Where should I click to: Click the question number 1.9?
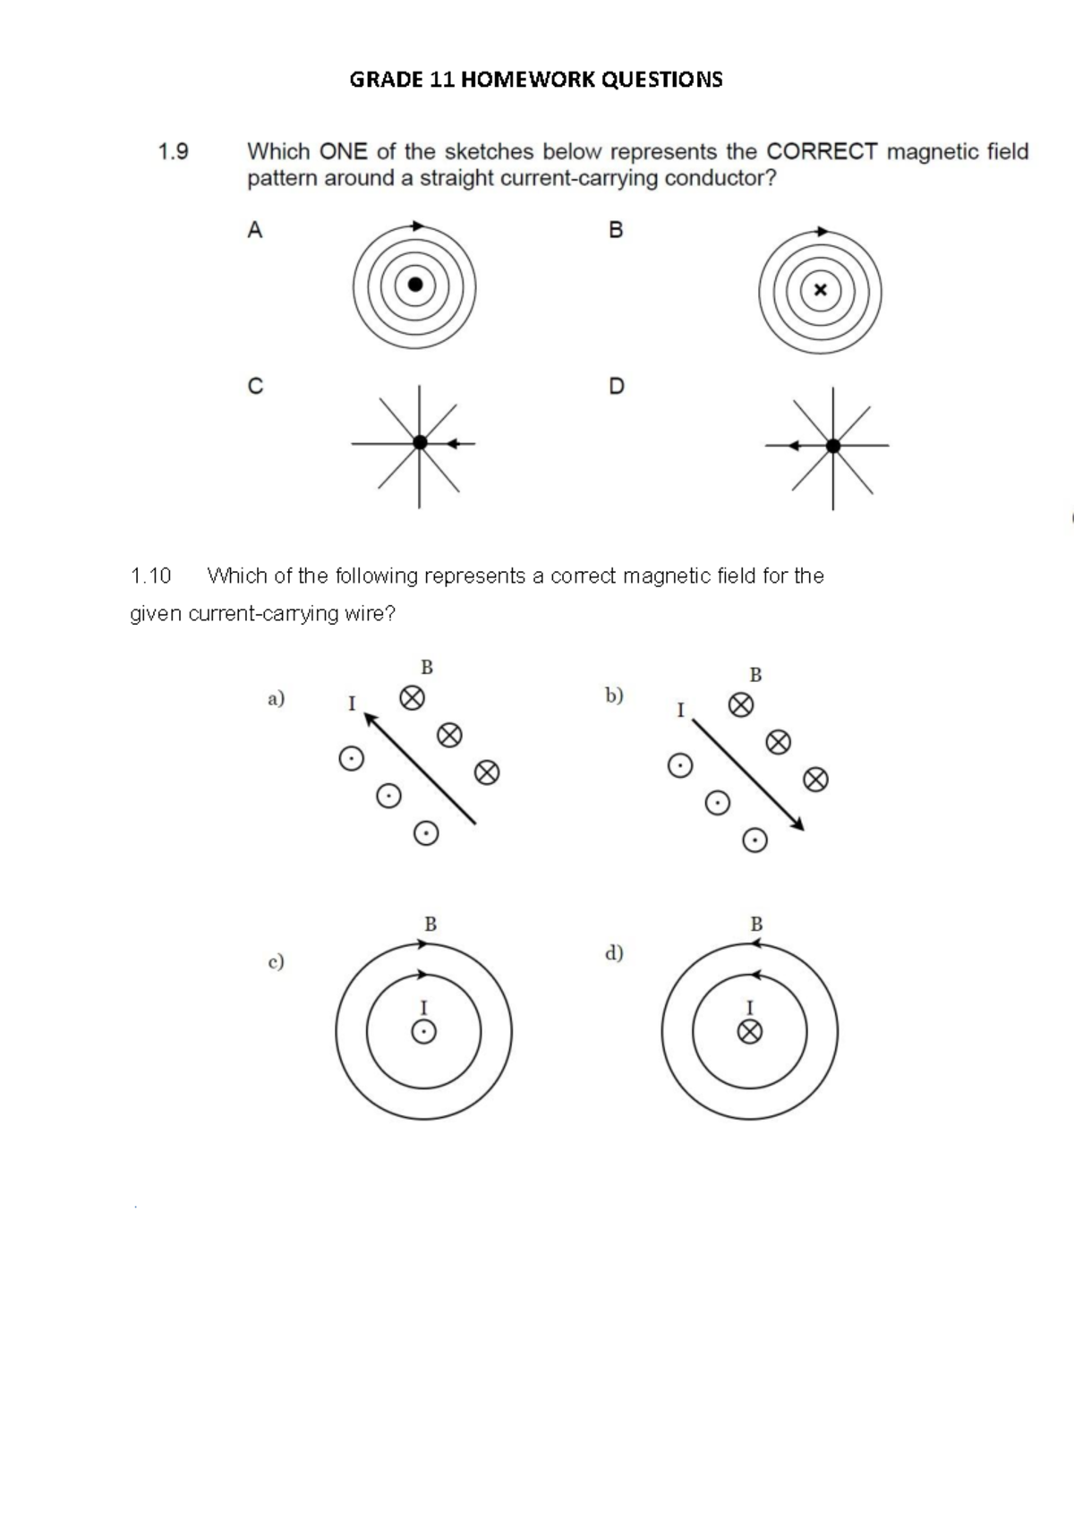(173, 152)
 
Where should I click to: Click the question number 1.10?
(150, 576)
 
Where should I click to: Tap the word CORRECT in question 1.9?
(822, 152)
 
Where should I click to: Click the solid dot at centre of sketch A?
(414, 285)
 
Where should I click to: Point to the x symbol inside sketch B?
(820, 290)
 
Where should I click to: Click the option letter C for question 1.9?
(255, 387)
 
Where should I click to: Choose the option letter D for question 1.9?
(616, 387)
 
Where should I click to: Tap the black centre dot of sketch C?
(419, 442)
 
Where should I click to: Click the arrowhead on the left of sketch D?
(792, 445)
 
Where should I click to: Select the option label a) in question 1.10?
(276, 698)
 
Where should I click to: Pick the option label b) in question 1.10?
(614, 695)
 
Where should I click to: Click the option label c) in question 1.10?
(276, 962)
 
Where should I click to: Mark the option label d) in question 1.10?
(614, 952)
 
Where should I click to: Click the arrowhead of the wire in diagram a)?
(370, 718)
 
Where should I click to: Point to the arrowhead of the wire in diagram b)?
(797, 825)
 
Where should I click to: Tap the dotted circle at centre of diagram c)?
(424, 1033)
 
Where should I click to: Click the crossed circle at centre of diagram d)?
(750, 1033)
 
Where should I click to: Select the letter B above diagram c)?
(430, 924)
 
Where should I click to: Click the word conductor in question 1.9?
(720, 178)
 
